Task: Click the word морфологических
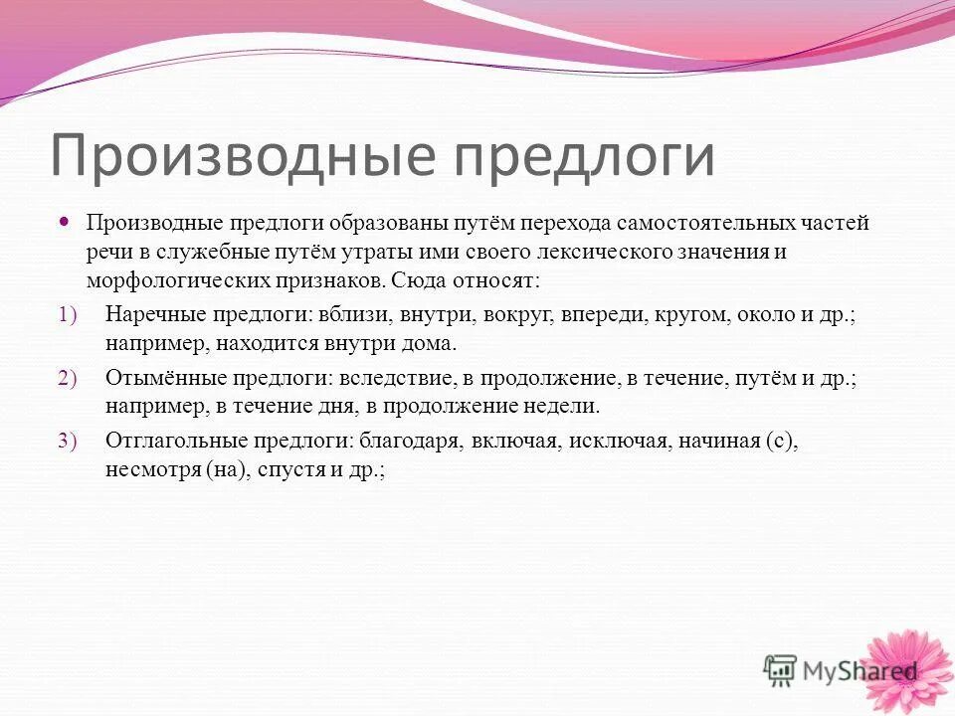coord(181,280)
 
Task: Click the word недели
coord(567,406)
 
